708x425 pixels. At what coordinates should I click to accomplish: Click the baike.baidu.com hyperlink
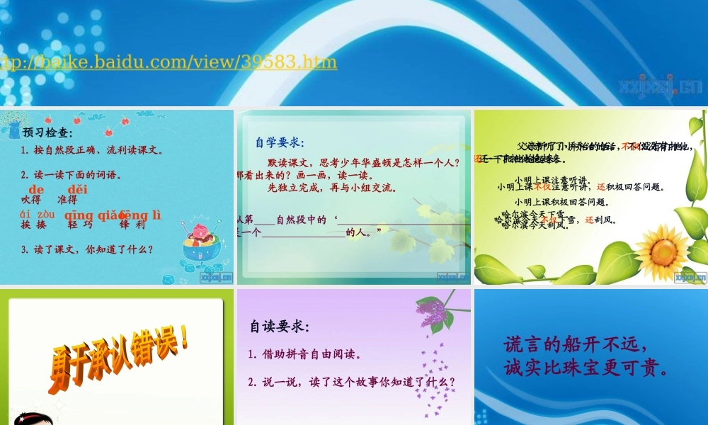pos(169,62)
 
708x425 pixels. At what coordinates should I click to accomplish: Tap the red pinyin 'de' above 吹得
pos(37,189)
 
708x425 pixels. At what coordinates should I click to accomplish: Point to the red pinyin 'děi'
pos(78,189)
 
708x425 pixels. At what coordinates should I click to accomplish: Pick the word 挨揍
pos(33,225)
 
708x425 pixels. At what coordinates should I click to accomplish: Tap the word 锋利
pos(132,225)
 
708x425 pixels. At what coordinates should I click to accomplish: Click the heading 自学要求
pos(279,142)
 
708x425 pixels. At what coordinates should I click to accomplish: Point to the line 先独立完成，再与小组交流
pos(332,188)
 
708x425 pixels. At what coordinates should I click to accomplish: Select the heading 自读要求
pos(279,327)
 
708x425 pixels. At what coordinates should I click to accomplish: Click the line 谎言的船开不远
pos(575,345)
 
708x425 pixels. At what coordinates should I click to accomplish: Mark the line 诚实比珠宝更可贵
pos(586,369)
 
